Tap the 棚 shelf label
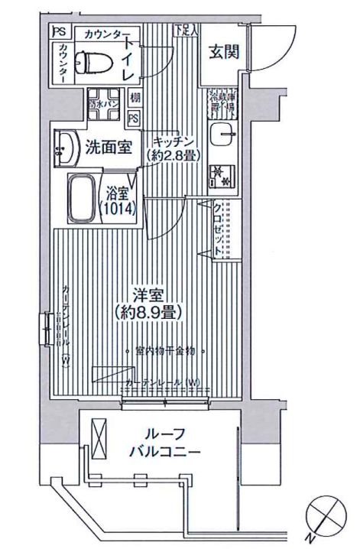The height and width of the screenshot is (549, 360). coord(135,98)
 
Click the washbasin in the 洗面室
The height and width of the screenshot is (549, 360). coord(66,146)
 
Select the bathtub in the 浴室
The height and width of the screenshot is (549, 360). coord(83,198)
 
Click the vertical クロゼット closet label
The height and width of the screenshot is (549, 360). coord(218,227)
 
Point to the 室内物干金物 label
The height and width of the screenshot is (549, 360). coord(164,351)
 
